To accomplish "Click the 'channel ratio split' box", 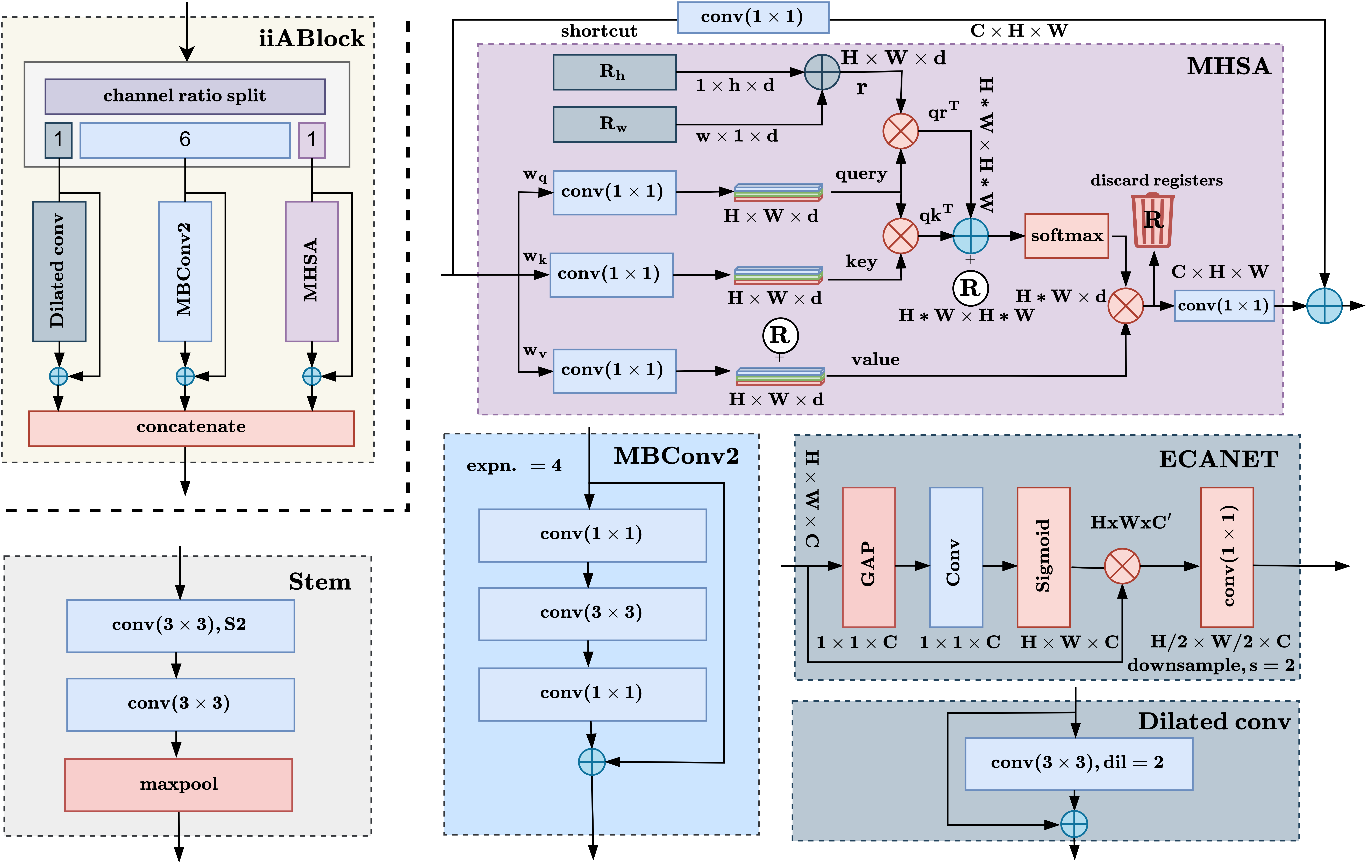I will coord(185,96).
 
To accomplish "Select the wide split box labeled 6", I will coord(185,140).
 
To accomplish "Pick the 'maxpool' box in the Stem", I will coord(178,784).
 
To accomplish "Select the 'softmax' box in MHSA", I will coord(1066,236).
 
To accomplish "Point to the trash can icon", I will coord(1153,220).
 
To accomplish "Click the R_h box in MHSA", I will coord(614,72).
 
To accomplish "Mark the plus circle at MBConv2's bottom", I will coord(591,762).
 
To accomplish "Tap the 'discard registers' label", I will coord(1156,181).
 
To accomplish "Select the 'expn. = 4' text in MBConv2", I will coord(514,466).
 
